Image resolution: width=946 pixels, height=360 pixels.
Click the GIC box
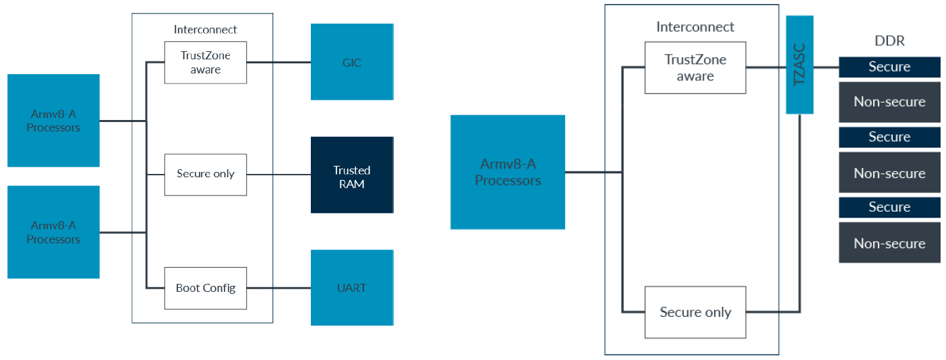(x=352, y=61)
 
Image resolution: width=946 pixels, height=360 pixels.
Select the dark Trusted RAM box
(x=352, y=175)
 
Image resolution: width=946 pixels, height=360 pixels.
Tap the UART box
(x=352, y=287)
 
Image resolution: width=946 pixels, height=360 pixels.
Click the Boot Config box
(x=205, y=288)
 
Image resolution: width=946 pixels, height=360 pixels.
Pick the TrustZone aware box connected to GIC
(x=205, y=63)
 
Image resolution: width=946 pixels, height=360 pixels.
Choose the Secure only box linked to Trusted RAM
(x=205, y=175)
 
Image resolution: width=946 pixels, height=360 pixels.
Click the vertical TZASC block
(x=800, y=65)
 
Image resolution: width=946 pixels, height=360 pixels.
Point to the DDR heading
(x=889, y=41)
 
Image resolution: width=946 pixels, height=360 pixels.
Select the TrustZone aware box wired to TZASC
(x=695, y=67)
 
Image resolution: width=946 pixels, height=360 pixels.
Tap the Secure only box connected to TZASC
(x=695, y=312)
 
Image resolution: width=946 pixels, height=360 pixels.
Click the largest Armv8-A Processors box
(x=508, y=172)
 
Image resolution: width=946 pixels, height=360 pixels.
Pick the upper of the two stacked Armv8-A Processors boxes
(x=53, y=121)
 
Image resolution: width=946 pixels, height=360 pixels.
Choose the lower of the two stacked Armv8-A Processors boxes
(x=53, y=232)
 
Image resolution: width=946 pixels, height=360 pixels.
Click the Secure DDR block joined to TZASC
(x=889, y=67)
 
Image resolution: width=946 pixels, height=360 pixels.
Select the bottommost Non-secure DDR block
(x=889, y=243)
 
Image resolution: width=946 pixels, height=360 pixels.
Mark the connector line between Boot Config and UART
(x=278, y=289)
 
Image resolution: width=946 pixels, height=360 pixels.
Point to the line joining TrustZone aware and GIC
(x=278, y=63)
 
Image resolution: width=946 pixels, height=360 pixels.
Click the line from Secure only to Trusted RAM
(x=278, y=175)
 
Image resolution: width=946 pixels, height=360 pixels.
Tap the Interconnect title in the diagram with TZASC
(x=695, y=27)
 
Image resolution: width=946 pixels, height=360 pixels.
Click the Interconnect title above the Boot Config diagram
(x=205, y=30)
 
